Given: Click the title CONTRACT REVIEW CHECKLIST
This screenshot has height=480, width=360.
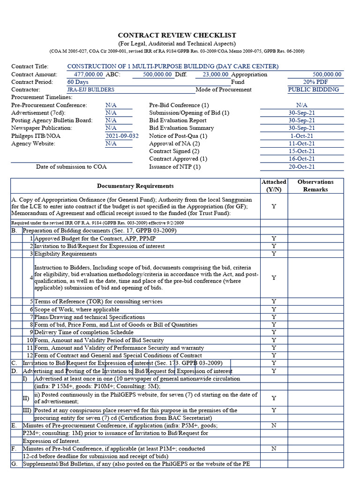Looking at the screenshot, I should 177,35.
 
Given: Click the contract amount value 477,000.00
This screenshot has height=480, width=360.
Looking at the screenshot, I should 89,74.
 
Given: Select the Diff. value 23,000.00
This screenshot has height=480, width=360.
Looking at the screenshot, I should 215,74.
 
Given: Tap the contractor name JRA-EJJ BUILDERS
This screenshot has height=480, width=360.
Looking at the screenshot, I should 90,90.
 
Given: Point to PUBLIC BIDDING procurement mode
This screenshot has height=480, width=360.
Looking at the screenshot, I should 313,90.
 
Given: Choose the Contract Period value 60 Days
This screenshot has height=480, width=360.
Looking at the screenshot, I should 78,82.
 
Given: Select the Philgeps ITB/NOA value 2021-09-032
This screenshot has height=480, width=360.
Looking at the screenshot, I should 122,136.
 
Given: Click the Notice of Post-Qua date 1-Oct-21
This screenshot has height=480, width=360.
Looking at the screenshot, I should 301,136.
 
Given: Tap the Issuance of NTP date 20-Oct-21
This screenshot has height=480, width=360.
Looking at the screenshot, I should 301,166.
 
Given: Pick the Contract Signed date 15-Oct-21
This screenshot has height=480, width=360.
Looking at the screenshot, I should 301,151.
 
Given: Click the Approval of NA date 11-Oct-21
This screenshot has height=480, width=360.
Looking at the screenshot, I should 301,143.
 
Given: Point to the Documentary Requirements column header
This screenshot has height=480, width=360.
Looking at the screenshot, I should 135,186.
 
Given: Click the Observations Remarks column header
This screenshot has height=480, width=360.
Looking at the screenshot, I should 315,186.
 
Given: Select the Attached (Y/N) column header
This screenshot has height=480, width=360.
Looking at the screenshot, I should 274,186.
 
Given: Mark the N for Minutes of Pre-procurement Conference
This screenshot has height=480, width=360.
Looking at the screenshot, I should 274,426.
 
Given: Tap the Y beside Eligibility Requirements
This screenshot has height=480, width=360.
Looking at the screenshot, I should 274,254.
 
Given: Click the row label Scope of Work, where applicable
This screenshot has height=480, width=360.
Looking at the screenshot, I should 77,309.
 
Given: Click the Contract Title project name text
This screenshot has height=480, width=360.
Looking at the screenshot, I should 172,67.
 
